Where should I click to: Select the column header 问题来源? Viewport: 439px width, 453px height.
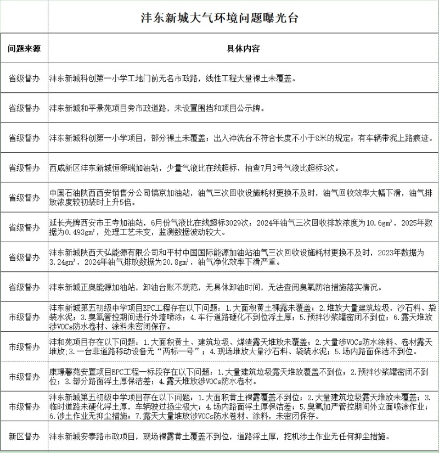24,48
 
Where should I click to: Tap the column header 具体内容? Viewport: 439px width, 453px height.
243,48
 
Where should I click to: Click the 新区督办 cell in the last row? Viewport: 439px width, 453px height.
24,437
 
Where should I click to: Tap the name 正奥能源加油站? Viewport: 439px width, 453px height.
112,287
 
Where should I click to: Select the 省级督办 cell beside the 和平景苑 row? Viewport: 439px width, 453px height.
24,108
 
